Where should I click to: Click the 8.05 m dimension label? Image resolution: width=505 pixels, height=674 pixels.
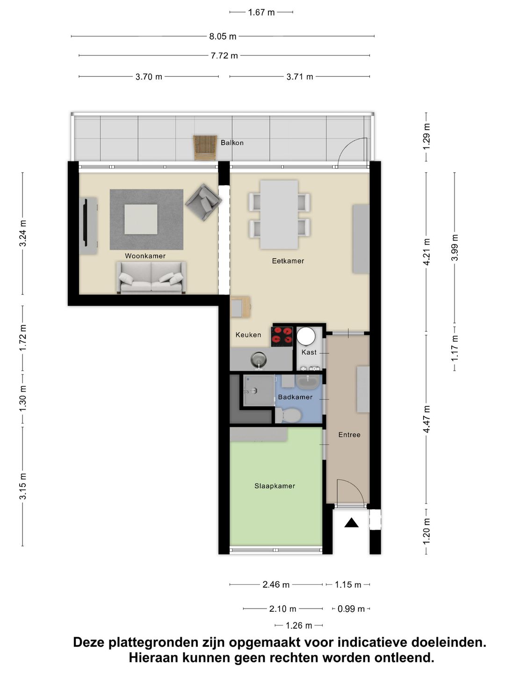tap(223, 37)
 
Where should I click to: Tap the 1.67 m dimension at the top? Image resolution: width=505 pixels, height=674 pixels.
tap(261, 13)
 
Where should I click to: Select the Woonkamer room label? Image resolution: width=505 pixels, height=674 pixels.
tap(145, 256)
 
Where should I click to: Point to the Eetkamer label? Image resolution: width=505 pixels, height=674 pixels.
tap(288, 261)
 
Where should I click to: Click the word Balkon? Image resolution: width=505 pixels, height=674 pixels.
tap(232, 143)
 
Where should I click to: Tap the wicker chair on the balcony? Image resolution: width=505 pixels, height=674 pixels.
tap(205, 148)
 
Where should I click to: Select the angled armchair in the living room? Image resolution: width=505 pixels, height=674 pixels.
tap(203, 202)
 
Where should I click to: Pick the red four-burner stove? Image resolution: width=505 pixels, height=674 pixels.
tap(282, 336)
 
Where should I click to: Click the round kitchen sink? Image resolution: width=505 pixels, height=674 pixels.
tap(259, 359)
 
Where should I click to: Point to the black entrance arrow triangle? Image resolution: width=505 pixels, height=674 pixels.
tap(351, 522)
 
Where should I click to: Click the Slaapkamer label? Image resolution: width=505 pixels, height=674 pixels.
tap(275, 486)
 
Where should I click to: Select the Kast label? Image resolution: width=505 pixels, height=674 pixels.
tap(309, 352)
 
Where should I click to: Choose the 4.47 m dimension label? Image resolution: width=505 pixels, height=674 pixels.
tap(426, 419)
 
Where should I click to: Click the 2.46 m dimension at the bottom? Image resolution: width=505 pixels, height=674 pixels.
tap(276, 585)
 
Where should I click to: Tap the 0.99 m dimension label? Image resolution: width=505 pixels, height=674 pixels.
tap(351, 609)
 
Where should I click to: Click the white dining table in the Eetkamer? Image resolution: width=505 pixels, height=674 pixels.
tap(279, 214)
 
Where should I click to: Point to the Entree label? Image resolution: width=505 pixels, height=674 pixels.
tap(349, 434)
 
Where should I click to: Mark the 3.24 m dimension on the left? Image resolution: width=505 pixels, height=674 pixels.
tap(23, 233)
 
